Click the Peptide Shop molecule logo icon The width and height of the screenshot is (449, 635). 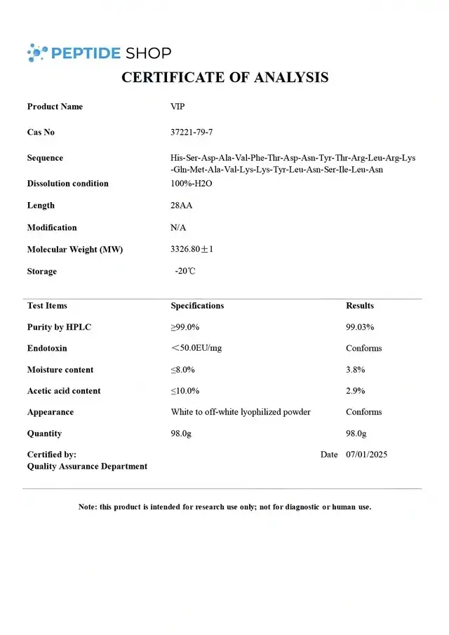click(38, 52)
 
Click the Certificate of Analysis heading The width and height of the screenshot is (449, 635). click(224, 77)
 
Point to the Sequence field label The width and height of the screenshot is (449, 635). click(45, 158)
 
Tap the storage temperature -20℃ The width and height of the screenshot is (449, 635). click(185, 271)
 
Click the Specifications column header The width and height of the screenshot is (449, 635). click(197, 305)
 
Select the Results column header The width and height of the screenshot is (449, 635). click(360, 305)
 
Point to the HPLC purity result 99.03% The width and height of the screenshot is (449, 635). click(360, 327)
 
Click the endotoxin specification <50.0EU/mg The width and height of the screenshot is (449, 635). click(196, 348)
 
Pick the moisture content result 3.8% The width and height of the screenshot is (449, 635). click(356, 370)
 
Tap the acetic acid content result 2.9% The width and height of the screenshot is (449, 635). click(356, 391)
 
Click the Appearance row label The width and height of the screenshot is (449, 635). click(51, 412)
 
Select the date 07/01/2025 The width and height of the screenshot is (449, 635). click(366, 454)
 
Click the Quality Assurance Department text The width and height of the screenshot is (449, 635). click(87, 466)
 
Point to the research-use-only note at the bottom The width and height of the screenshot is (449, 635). click(224, 507)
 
